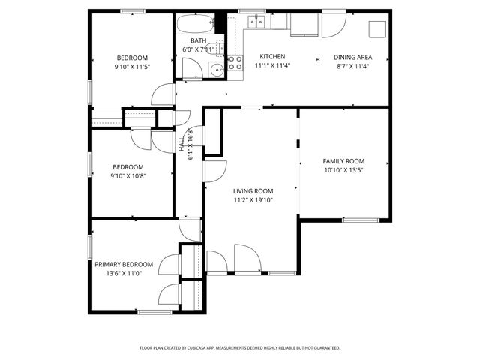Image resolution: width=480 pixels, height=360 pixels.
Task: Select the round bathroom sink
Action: click(x=217, y=70)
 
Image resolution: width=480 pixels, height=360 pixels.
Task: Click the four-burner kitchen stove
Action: click(x=235, y=63)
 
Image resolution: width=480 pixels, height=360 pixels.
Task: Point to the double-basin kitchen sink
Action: click(x=256, y=22)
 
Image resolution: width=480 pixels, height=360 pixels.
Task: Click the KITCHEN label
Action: click(x=272, y=57)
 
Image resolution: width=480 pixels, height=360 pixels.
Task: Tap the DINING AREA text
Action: click(x=352, y=57)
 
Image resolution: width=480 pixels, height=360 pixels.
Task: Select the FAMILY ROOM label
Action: click(x=343, y=161)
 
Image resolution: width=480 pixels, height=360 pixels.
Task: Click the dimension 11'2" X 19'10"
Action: click(x=253, y=200)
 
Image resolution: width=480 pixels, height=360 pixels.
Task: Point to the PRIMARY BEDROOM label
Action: click(x=124, y=264)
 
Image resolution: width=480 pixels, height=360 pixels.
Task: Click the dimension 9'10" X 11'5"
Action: click(x=131, y=67)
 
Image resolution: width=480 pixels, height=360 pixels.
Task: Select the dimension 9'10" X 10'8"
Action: click(x=127, y=176)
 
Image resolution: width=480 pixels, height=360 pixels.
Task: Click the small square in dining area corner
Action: click(x=376, y=28)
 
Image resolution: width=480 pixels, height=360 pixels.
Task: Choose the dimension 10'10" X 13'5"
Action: click(x=343, y=170)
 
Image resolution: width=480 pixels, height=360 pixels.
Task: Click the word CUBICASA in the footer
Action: click(x=201, y=348)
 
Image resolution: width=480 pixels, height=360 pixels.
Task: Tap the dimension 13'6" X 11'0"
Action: click(x=124, y=274)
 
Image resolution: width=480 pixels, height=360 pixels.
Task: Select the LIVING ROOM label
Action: click(x=253, y=191)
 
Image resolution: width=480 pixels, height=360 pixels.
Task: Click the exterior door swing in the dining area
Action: click(x=332, y=25)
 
